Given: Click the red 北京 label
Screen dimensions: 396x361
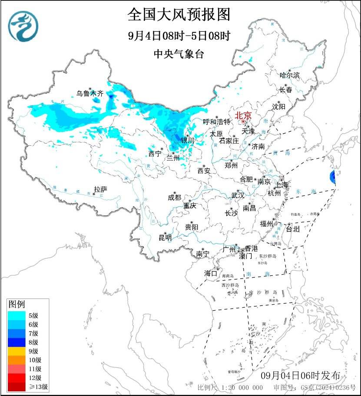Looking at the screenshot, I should coord(243,116).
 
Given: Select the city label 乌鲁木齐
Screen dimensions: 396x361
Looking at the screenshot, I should coord(90,93).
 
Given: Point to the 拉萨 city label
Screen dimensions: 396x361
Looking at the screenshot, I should coord(100,189).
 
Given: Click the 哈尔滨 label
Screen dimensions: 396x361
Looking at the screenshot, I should coord(290,75).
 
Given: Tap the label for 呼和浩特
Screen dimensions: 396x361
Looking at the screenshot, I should coord(217,122).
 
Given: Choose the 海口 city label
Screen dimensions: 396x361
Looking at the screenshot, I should coord(211,273).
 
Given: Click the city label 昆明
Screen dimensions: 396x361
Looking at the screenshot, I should coord(165,238).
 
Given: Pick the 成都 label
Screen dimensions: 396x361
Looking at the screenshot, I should coord(174,198).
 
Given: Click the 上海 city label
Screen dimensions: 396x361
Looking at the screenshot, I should coord(282,185).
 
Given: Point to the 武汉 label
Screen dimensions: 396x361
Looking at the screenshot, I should coord(238,195).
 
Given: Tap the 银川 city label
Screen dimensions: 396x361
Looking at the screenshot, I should coord(188,141).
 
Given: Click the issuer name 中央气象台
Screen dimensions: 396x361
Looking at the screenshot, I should coord(179,54).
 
